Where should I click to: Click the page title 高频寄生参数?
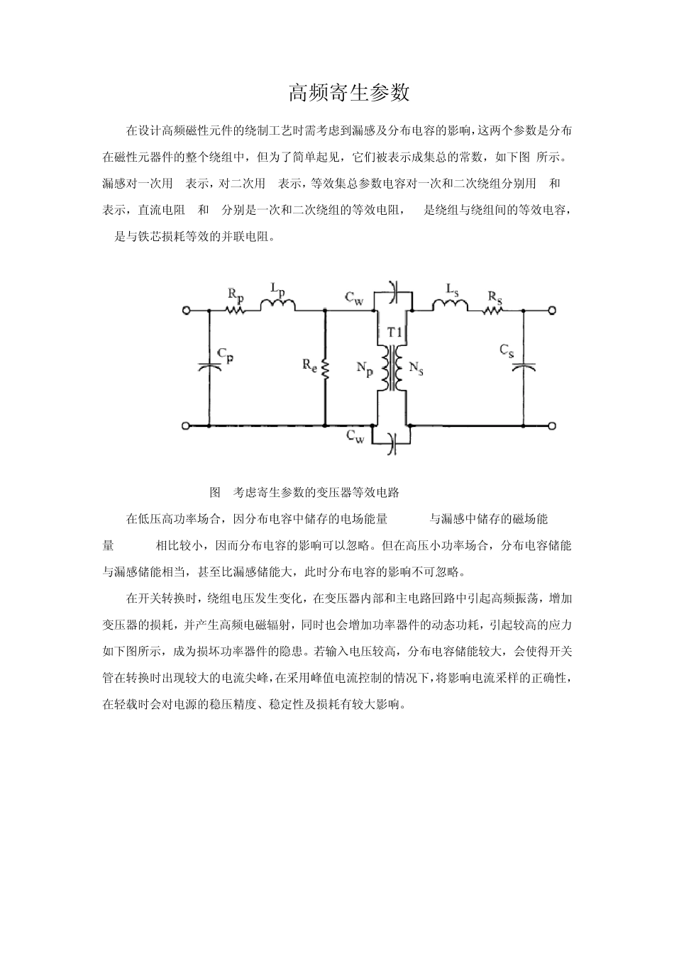click(x=350, y=92)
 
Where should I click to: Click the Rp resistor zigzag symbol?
click(x=235, y=310)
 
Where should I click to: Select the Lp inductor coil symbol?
click(x=277, y=306)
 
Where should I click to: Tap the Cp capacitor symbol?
click(x=209, y=367)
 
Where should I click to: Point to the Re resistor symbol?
click(x=325, y=369)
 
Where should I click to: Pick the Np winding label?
click(x=365, y=369)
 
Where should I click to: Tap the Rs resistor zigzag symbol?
click(x=493, y=310)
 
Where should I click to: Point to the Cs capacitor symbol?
click(x=524, y=367)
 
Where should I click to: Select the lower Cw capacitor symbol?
click(x=394, y=444)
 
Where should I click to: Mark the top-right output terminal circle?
click(x=551, y=311)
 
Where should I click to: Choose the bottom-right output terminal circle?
click(x=551, y=425)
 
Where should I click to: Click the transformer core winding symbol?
click(x=392, y=369)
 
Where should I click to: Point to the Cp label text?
click(x=225, y=355)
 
